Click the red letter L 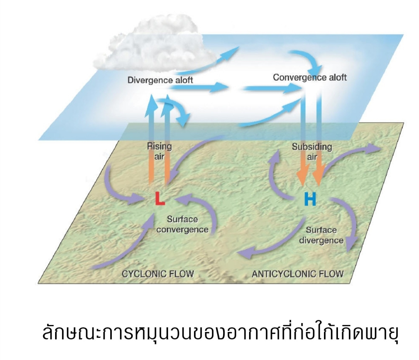point(160,198)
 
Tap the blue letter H point(310,199)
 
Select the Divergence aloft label point(160,80)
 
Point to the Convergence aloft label point(310,77)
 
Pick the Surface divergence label point(321,235)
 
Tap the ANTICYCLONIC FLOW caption point(298,274)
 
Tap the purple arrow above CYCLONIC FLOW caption point(124,248)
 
